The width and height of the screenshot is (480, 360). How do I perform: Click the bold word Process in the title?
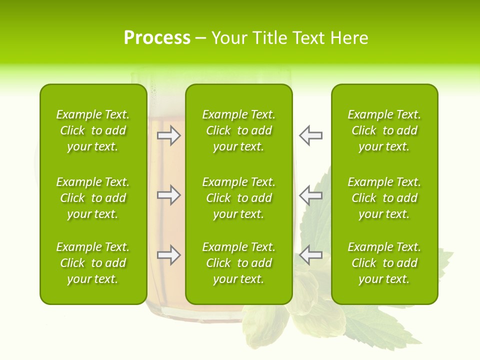pos(157,38)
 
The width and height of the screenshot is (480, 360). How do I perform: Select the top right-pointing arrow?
pos(168,135)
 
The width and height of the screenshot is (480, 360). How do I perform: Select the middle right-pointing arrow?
pos(168,194)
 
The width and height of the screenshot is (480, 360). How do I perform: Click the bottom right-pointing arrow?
pos(168,255)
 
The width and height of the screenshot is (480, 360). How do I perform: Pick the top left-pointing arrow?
pos(311,135)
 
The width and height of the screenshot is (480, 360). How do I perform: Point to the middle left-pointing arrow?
pos(311,194)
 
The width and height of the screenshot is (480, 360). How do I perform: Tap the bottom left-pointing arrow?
pos(311,255)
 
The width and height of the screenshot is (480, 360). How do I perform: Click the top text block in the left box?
pos(93,130)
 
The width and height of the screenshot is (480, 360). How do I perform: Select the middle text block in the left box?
pos(93,198)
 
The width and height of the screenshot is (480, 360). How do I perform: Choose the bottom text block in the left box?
pos(93,263)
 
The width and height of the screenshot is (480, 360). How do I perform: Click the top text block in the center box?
pos(238,130)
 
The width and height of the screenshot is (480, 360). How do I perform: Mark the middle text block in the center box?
pos(238,198)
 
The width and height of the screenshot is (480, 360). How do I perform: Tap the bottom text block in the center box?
pos(238,263)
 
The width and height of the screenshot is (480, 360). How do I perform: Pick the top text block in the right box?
pos(384,130)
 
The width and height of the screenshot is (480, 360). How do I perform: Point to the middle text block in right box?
pos(384,198)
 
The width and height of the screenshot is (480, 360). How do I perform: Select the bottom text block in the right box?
pos(384,263)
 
